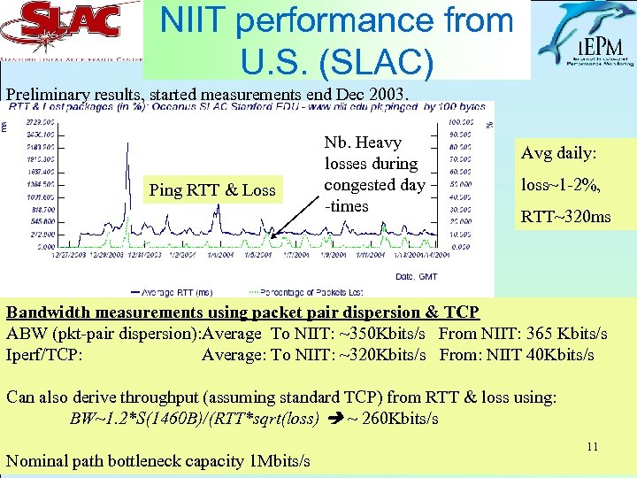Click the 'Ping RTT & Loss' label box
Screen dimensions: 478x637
(211, 189)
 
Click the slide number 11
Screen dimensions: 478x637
(592, 447)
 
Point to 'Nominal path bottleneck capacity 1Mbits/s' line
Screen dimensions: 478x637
(158, 460)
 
